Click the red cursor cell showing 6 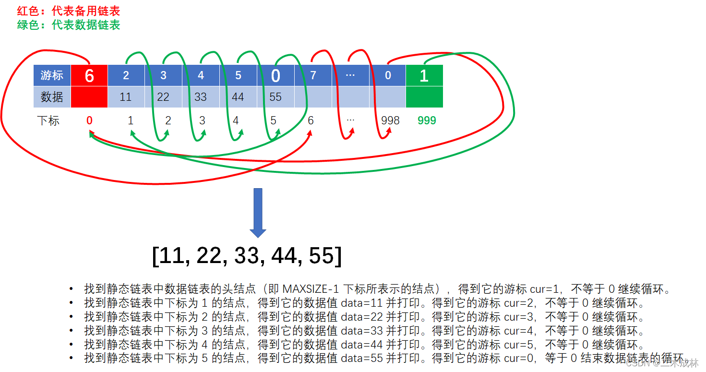point(89,76)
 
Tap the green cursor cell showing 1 point(424,76)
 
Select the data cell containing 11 point(126,97)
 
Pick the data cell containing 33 point(201,97)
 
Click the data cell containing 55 point(275,97)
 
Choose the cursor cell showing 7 point(313,76)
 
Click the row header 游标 point(52,76)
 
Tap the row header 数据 point(52,97)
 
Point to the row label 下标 point(48,120)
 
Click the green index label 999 point(427,120)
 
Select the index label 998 point(390,120)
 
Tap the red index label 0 point(89,120)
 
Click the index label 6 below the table point(311,120)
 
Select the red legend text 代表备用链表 point(85,11)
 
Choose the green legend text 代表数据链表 point(85,25)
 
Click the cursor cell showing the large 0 point(275,76)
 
